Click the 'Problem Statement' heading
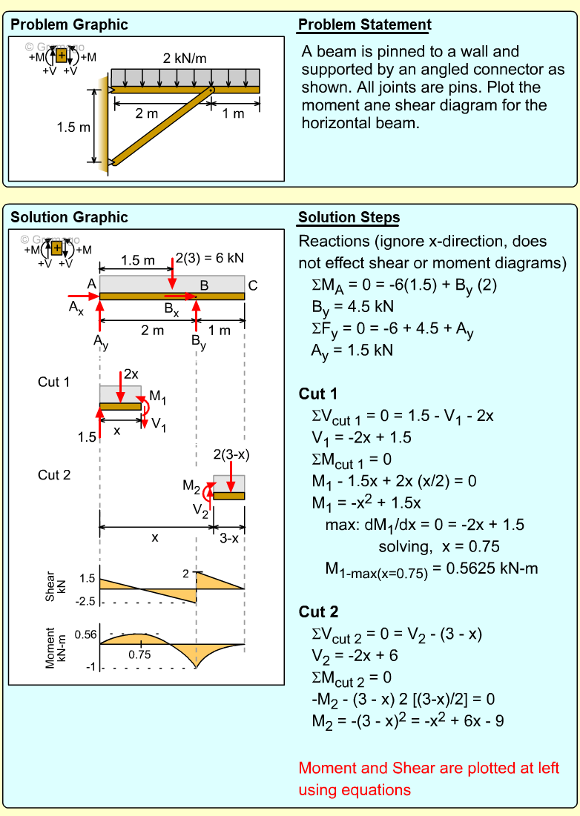click(364, 24)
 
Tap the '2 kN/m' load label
click(185, 59)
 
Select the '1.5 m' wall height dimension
click(73, 127)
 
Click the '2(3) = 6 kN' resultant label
click(209, 258)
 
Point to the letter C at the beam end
click(253, 285)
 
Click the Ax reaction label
click(76, 308)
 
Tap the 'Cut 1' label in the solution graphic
click(53, 382)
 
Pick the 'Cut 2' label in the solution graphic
click(54, 474)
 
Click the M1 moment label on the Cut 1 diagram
click(158, 397)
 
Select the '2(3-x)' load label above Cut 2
click(231, 455)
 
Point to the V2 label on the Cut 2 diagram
click(200, 510)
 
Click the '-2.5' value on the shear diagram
click(86, 602)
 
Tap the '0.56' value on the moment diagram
click(86, 634)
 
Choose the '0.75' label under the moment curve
click(139, 654)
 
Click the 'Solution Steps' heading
click(349, 217)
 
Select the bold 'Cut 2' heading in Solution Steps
click(318, 611)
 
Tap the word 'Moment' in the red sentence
click(326, 768)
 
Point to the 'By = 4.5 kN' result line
click(352, 308)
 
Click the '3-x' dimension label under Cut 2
click(229, 538)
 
